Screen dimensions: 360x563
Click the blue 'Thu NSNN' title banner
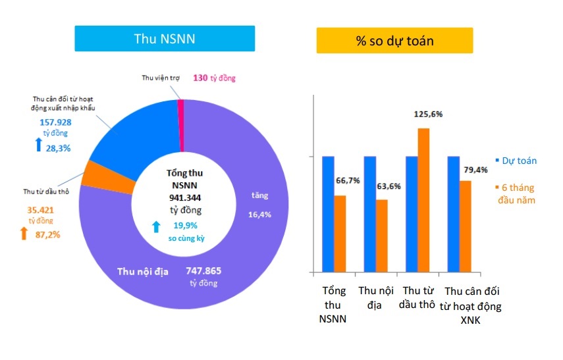pyautogui.click(x=164, y=39)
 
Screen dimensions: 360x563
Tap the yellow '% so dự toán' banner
pyautogui.click(x=394, y=40)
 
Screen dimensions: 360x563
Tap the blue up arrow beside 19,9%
pyautogui.click(x=156, y=226)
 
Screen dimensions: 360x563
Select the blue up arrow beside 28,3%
pyautogui.click(x=38, y=144)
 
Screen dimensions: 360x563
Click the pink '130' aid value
pyautogui.click(x=200, y=78)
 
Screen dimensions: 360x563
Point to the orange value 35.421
pyautogui.click(x=40, y=211)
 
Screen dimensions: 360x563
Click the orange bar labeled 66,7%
pyautogui.click(x=340, y=234)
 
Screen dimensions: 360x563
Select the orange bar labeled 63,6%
pyautogui.click(x=382, y=236)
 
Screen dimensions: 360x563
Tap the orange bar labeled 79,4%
pyautogui.click(x=465, y=226)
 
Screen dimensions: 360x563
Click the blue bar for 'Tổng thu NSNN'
pyautogui.click(x=328, y=215)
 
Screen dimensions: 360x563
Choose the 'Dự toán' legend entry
pyautogui.click(x=516, y=161)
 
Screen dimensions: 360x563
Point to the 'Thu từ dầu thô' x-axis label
pyautogui.click(x=419, y=297)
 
